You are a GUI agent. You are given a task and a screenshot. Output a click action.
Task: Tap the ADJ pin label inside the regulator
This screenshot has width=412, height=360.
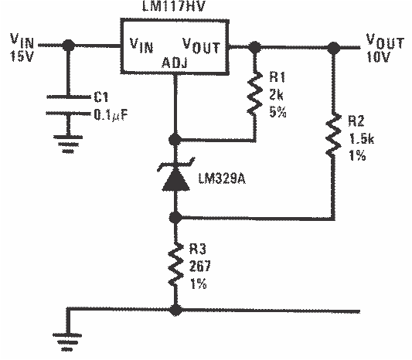pyautogui.click(x=175, y=64)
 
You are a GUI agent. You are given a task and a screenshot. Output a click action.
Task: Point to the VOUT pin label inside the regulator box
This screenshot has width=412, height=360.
pyautogui.click(x=202, y=46)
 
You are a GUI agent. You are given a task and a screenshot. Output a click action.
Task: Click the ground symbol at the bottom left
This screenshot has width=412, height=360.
pyautogui.click(x=66, y=336)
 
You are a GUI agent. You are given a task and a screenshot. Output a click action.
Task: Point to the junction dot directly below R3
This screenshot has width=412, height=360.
pyautogui.click(x=177, y=311)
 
